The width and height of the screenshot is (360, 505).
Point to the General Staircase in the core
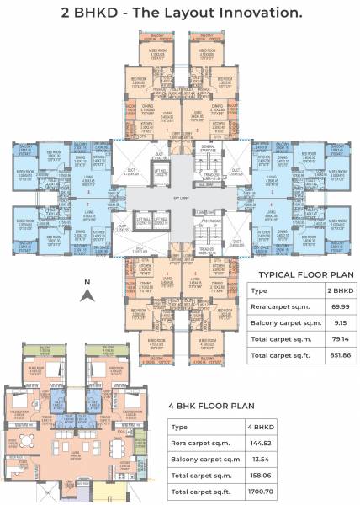click(209, 155)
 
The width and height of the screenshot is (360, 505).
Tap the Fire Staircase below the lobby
click(209, 223)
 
